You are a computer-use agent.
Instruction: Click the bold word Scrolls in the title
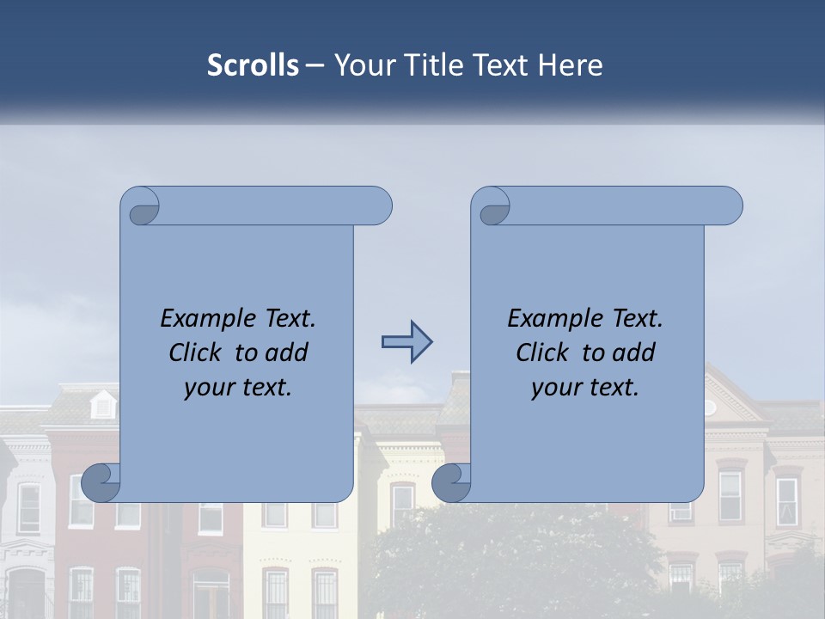(x=253, y=65)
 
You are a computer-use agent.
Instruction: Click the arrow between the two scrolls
(x=406, y=343)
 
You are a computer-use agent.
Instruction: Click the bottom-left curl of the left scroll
(x=102, y=483)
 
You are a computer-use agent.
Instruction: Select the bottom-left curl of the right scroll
(x=452, y=483)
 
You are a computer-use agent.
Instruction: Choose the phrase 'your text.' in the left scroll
(x=238, y=388)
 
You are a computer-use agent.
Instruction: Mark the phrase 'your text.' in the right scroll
(x=585, y=388)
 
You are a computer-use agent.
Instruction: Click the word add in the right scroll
(x=634, y=352)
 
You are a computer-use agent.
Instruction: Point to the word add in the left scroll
(x=287, y=352)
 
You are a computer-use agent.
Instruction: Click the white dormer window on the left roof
(x=103, y=404)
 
